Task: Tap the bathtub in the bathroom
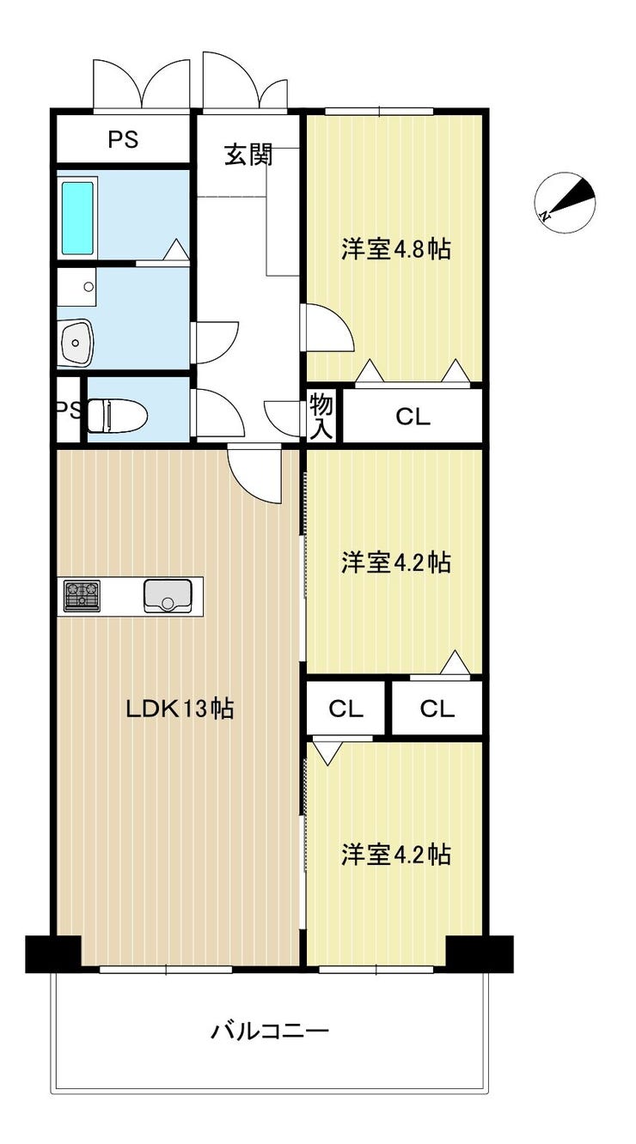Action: [77, 218]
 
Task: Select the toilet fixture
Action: [118, 416]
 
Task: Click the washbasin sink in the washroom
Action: [76, 341]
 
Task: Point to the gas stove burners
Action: [82, 595]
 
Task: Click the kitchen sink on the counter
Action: [168, 595]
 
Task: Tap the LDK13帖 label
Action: [180, 709]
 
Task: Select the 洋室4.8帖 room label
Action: [396, 249]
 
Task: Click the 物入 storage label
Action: [321, 417]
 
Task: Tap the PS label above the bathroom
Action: [123, 139]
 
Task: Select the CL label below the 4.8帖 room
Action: [413, 417]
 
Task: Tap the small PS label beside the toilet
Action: [69, 410]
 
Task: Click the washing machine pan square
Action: [76, 287]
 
